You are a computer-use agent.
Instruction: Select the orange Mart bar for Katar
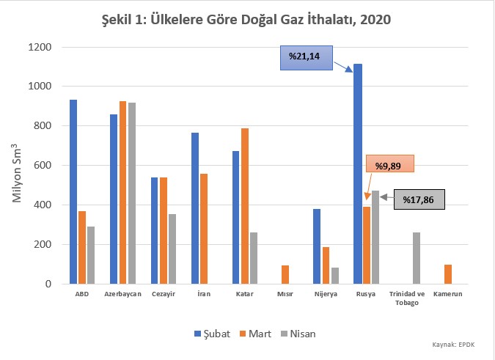click(x=245, y=206)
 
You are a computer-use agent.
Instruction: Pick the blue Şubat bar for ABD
click(x=73, y=191)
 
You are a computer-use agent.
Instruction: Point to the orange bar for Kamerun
click(x=447, y=274)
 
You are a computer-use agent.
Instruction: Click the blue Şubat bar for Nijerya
click(x=317, y=246)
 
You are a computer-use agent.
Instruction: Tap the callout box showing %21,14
click(x=304, y=56)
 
